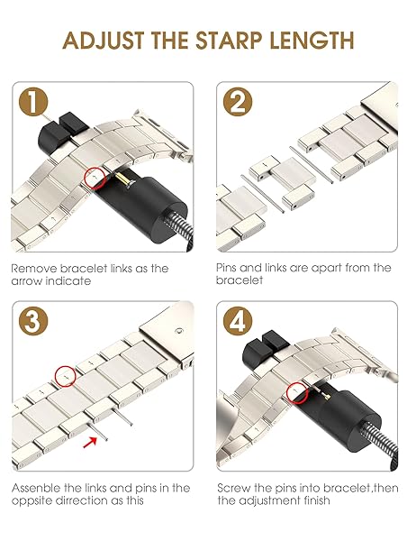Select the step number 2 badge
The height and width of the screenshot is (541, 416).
[238, 101]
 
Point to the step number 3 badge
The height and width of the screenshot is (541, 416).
[33, 321]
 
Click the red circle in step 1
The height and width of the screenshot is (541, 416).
[95, 178]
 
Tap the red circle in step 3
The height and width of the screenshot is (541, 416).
[66, 376]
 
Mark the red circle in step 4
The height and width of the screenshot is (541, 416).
[297, 392]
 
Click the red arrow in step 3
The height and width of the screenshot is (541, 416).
[90, 442]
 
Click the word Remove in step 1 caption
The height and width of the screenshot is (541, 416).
[34, 269]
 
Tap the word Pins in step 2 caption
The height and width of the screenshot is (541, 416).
[226, 268]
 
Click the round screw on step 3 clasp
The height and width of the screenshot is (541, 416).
[178, 331]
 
